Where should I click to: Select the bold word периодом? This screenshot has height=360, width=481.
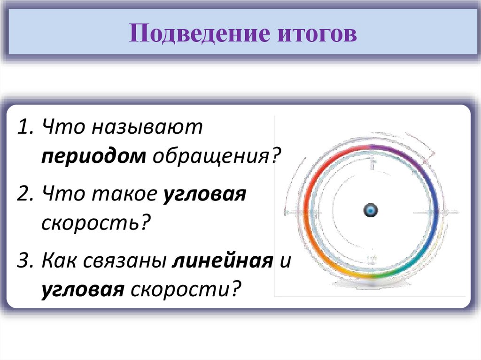pyautogui.click(x=93, y=156)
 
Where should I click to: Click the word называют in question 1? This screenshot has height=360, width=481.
pyautogui.click(x=147, y=128)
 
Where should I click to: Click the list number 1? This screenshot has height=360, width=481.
pyautogui.click(x=24, y=128)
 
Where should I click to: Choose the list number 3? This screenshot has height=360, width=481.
pyautogui.click(x=24, y=261)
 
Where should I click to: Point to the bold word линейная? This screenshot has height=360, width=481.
pyautogui.click(x=222, y=261)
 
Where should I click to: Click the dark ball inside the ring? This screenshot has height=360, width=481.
pyautogui.click(x=371, y=210)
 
